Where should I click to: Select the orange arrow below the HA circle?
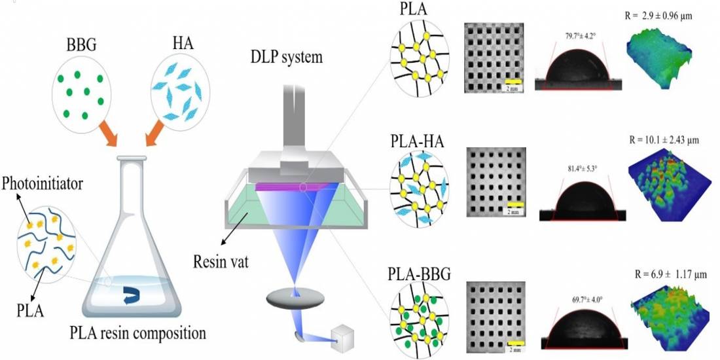156,137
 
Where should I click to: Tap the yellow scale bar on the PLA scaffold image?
513,82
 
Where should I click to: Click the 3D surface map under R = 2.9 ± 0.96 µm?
660,62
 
